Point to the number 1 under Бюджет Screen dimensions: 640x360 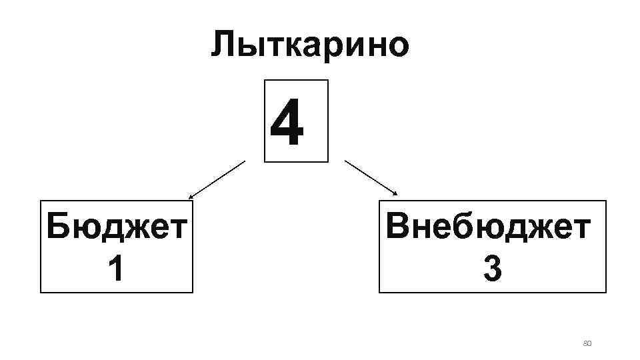point(115,270)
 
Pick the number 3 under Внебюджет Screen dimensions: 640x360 point(492,270)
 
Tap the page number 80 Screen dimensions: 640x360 point(587,343)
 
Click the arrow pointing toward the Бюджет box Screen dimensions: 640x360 point(217,179)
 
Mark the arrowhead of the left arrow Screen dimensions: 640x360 point(190,198)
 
